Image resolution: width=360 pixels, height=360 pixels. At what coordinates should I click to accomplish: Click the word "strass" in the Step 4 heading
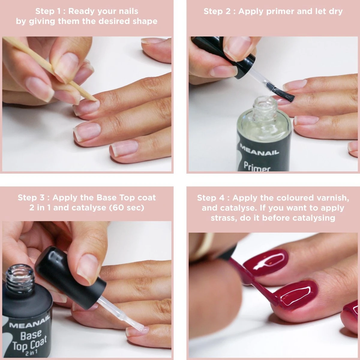tap(224, 218)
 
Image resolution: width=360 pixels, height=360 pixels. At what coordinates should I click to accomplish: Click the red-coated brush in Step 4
tap(255, 282)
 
